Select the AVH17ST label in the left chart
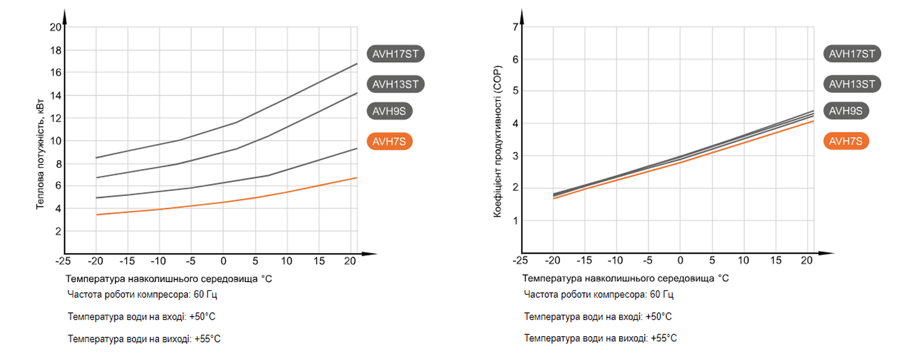point(395,54)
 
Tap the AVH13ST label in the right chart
point(852,84)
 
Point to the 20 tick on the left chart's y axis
point(55,27)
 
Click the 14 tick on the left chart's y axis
point(55,95)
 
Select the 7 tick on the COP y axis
point(515,27)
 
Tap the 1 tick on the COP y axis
point(515,221)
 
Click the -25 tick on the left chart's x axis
point(63,261)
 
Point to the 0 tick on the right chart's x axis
point(680,261)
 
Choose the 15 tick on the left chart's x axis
point(319,261)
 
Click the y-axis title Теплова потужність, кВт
point(40,153)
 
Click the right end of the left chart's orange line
point(356,178)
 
